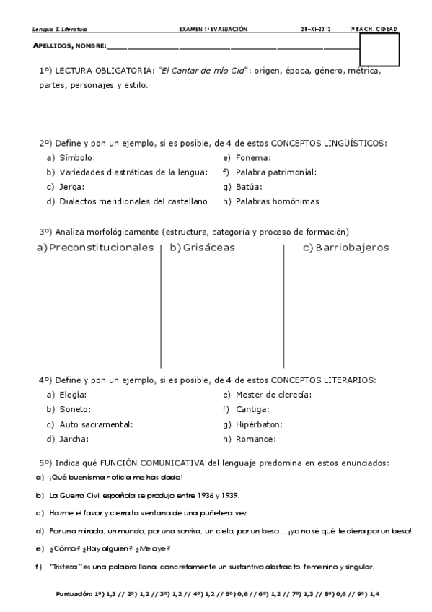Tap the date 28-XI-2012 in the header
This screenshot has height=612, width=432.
click(x=315, y=30)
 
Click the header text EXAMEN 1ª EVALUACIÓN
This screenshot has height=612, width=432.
click(x=213, y=30)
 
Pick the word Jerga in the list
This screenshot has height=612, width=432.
click(x=71, y=187)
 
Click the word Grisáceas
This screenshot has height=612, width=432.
click(x=209, y=248)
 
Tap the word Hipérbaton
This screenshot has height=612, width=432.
click(x=258, y=424)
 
